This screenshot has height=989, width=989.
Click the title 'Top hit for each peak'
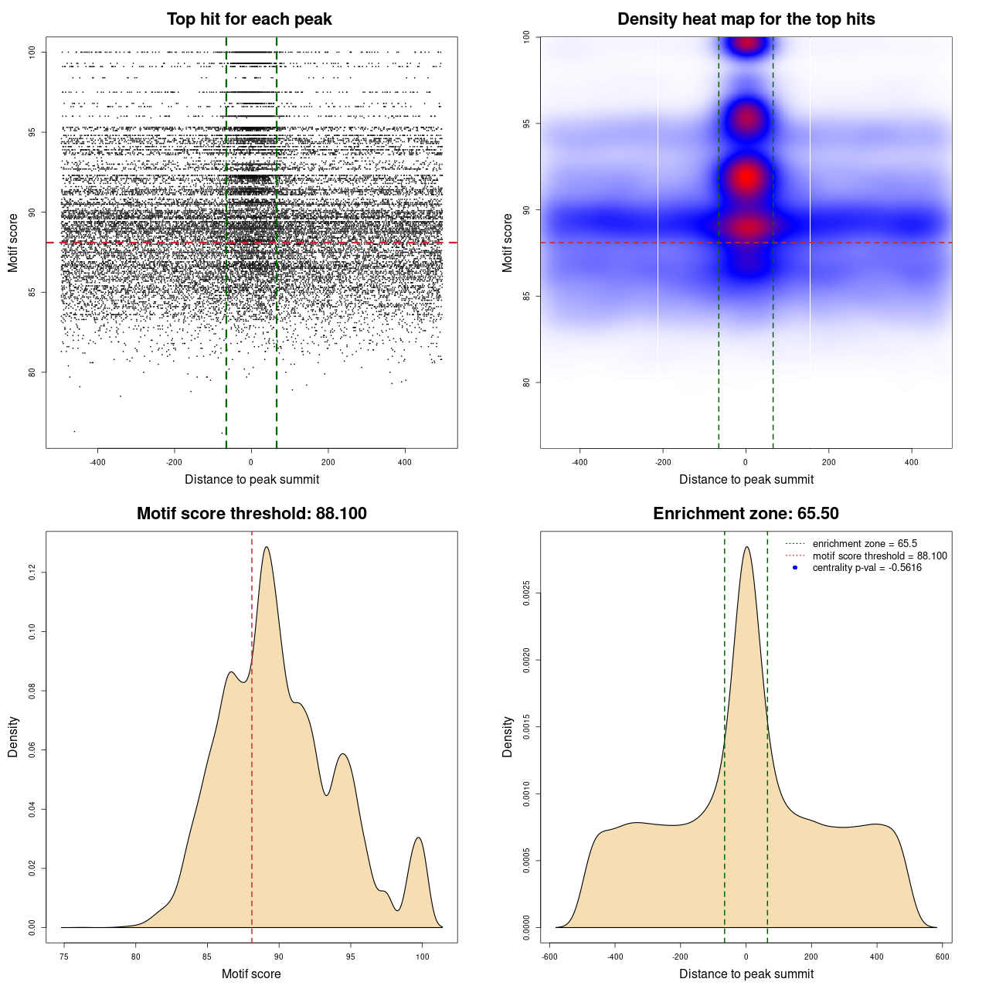pos(249,19)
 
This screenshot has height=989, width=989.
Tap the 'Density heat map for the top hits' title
pos(746,19)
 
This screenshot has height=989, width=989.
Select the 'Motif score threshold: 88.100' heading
pos(251,514)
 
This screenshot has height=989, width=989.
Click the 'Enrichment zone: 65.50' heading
pos(746,514)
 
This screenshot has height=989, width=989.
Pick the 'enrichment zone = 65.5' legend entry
pos(865,544)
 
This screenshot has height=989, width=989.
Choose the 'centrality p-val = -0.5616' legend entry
pos(867,568)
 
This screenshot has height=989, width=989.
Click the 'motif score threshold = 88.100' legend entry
pos(879,556)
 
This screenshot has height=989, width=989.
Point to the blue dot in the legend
pos(795,568)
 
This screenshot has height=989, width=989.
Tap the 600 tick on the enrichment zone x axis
pos(942,957)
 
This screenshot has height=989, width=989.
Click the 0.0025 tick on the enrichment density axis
pos(527,593)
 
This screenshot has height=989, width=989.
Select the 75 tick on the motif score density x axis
pos(64,957)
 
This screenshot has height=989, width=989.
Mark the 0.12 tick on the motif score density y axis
pos(32,573)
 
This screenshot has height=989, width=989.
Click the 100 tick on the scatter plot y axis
pos(32,52)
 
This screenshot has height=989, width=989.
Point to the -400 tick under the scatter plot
pos(97,462)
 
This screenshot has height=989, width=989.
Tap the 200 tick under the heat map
pos(829,462)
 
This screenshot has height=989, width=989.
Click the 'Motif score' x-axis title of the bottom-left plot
pos(251,974)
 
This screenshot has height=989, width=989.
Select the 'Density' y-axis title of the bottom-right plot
pos(508,736)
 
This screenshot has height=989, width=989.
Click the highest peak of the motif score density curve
pos(267,548)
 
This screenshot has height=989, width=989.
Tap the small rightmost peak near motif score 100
pos(418,838)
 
